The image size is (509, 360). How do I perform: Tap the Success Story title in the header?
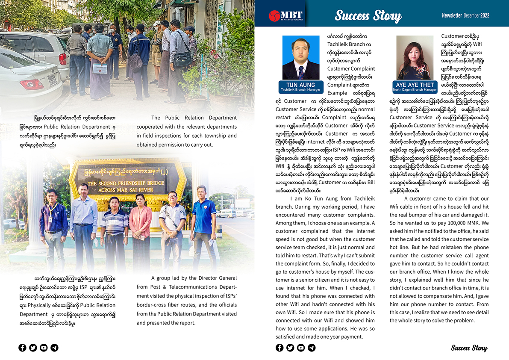coord(368,16)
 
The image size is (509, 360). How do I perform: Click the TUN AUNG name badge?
coord(300,87)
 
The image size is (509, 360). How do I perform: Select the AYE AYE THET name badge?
coord(415,87)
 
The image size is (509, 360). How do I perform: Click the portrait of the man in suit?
coord(300,58)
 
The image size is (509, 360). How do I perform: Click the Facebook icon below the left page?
coord(22,348)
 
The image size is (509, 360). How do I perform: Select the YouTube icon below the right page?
coord(301,348)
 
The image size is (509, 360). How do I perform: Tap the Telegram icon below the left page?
coord(54,348)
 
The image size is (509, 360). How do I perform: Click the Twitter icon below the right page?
coord(290,348)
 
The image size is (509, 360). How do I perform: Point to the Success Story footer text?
coord(469,348)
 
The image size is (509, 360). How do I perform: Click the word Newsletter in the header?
coord(452,15)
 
